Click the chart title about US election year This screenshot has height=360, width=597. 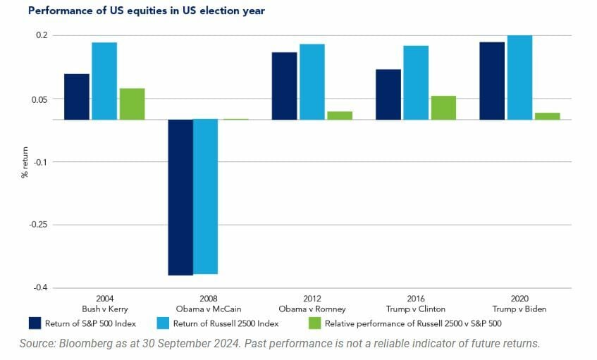[x=147, y=11]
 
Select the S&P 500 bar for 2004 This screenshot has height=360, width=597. [x=77, y=97]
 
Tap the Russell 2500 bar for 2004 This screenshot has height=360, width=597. [x=104, y=81]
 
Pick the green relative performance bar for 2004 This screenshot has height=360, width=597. [x=132, y=104]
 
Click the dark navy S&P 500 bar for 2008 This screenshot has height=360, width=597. [x=180, y=197]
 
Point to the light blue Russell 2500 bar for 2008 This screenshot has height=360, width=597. [x=206, y=197]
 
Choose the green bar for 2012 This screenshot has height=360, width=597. [x=339, y=116]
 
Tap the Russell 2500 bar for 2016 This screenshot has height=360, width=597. [x=416, y=82]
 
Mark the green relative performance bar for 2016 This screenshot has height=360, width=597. [x=443, y=108]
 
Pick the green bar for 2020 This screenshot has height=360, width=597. [x=547, y=116]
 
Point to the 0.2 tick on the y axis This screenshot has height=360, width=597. [x=42, y=35]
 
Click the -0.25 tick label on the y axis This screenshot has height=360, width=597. [x=38, y=225]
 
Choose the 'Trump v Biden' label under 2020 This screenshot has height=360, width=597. [x=519, y=309]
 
